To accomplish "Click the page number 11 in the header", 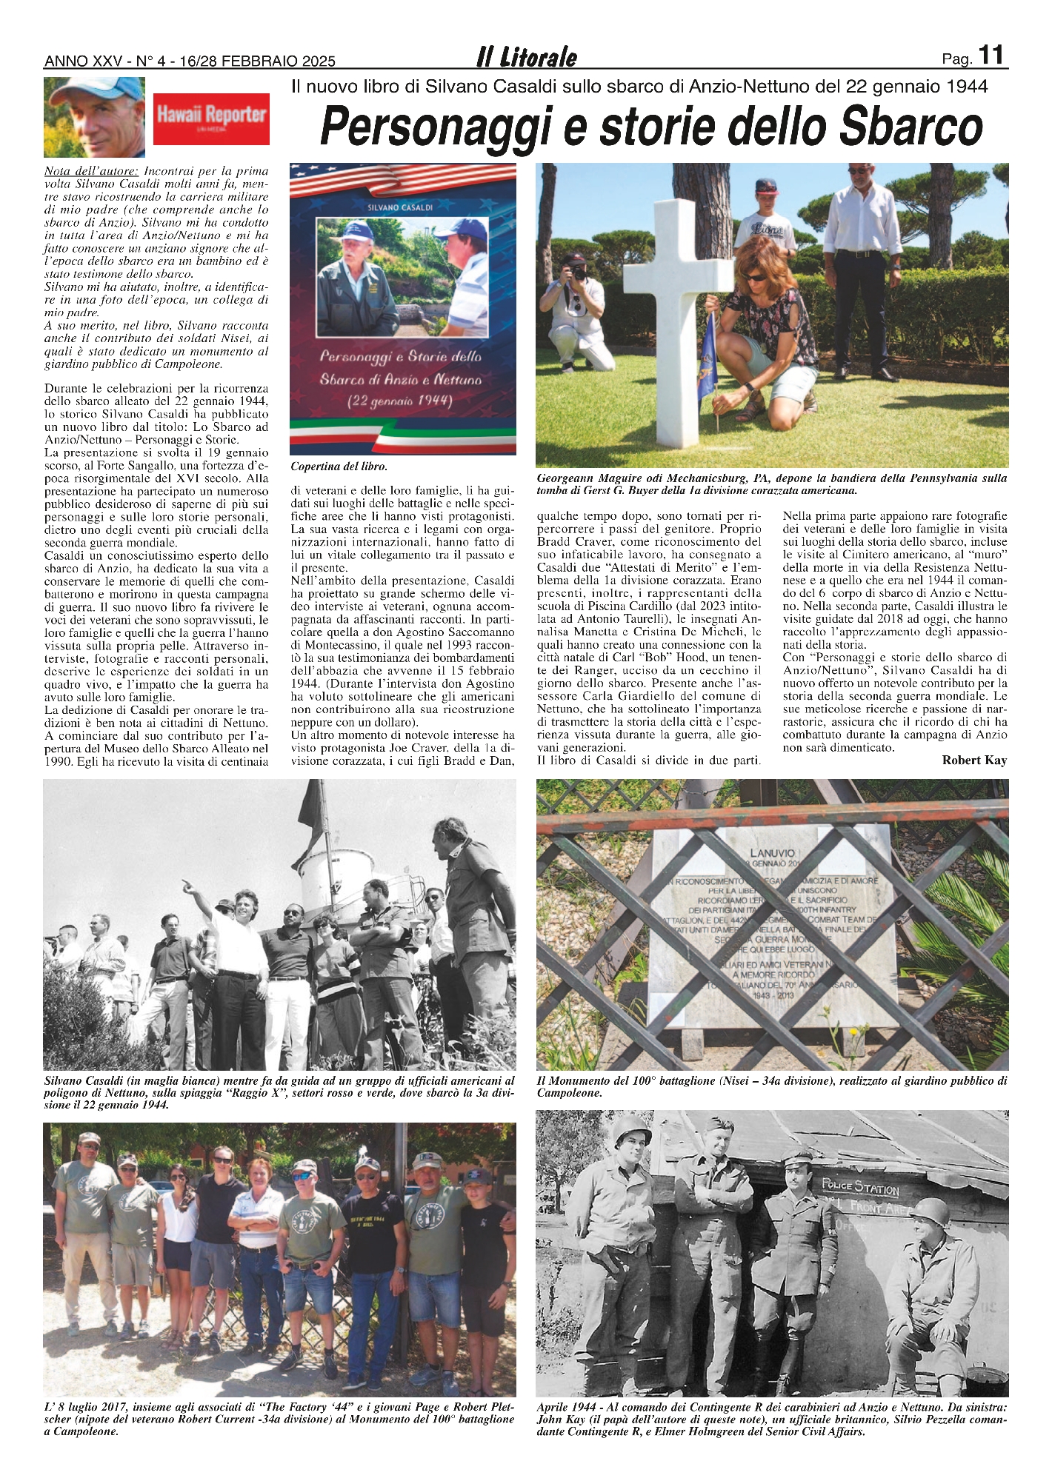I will tap(991, 56).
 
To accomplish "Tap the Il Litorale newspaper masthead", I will tap(526, 58).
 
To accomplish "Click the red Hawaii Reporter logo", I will tap(211, 118).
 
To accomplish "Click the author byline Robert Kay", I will tap(974, 760).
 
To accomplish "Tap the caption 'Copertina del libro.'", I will tap(339, 467).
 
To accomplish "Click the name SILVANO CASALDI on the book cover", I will tap(400, 207).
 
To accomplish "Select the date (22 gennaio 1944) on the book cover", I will tap(401, 401).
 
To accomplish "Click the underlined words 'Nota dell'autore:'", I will tap(91, 171).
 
